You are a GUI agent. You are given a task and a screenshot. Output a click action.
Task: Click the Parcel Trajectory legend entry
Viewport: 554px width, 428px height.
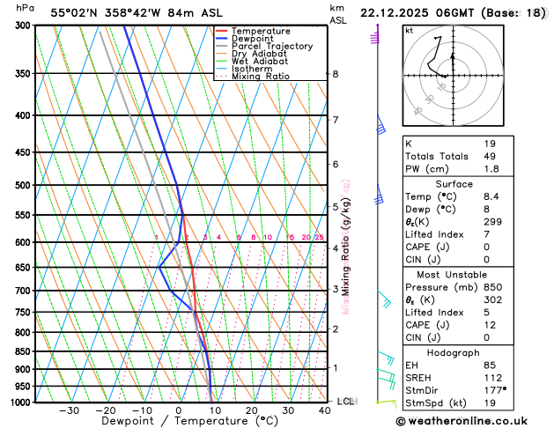tap(271, 46)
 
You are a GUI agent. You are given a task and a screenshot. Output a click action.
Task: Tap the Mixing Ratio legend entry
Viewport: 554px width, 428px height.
tap(260, 77)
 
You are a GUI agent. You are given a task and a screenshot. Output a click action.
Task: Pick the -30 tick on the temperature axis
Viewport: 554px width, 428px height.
tap(69, 410)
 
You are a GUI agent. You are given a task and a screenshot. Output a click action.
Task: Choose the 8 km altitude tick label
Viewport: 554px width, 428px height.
tap(335, 74)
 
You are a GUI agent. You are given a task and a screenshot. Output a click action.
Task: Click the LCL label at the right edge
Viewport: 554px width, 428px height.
tap(345, 402)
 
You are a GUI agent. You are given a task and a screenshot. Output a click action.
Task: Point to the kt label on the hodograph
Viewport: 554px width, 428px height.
tap(409, 30)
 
